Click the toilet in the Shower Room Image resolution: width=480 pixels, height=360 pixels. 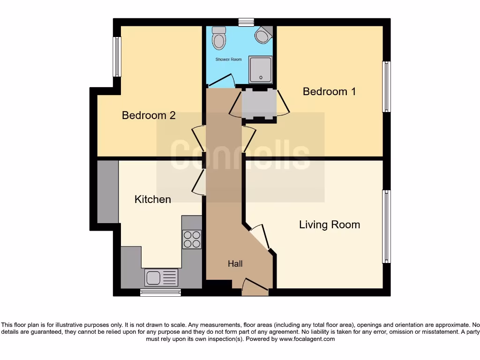click(218, 38)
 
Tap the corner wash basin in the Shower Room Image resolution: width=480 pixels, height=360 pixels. click(263, 34)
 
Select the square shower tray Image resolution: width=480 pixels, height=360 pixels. click(260, 69)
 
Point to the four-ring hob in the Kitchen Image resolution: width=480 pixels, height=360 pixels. click(192, 239)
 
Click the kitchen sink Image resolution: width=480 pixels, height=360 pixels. click(161, 277)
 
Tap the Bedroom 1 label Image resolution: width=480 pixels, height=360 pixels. click(329, 91)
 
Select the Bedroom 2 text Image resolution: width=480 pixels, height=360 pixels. click(149, 115)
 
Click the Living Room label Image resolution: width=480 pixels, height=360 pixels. click(330, 225)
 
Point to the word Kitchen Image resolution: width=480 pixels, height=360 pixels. click(152, 199)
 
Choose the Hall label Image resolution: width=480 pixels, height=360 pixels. click(235, 264)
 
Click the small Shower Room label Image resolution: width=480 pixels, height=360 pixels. click(228, 60)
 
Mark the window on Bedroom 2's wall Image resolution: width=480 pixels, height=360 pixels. click(117, 57)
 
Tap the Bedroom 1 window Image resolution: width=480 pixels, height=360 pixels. click(386, 87)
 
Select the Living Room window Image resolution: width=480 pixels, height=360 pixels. click(386, 226)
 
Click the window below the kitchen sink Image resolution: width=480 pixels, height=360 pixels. click(160, 292)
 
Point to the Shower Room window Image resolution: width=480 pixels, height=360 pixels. click(246, 22)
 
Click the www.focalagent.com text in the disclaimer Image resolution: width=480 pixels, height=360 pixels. click(307, 339)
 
